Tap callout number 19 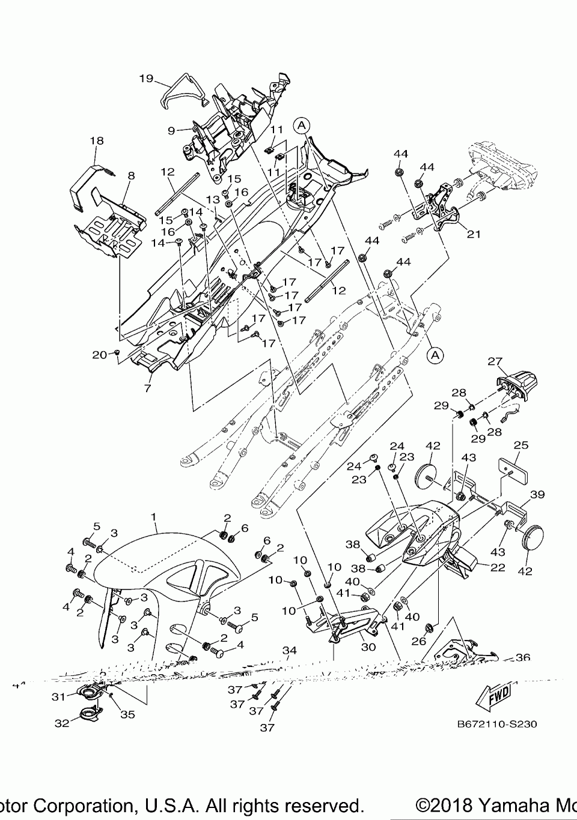pyautogui.click(x=147, y=79)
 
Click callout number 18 pyautogui.click(x=96, y=140)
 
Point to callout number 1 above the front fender pyautogui.click(x=153, y=516)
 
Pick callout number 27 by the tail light pyautogui.click(x=494, y=361)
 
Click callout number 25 pyautogui.click(x=521, y=445)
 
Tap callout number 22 pyautogui.click(x=498, y=567)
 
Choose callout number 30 pyautogui.click(x=368, y=647)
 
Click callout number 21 pyautogui.click(x=474, y=234)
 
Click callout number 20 pyautogui.click(x=99, y=355)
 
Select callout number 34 pyautogui.click(x=290, y=651)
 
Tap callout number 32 pyautogui.click(x=62, y=723)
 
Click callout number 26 pyautogui.click(x=418, y=642)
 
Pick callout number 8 pyautogui.click(x=131, y=176)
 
